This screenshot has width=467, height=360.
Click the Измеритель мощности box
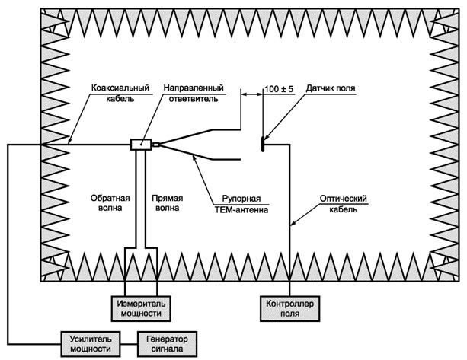[142, 307]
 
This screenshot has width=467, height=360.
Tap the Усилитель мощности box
[90, 342]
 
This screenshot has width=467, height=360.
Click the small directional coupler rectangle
[141, 145]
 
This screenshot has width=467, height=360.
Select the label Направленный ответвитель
[192, 94]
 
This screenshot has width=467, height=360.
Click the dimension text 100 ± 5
[279, 89]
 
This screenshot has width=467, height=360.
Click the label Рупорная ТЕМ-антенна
[241, 201]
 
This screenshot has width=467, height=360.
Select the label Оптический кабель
[342, 204]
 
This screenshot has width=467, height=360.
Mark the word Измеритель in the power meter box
[142, 302]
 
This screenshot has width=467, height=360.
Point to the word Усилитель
[90, 338]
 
